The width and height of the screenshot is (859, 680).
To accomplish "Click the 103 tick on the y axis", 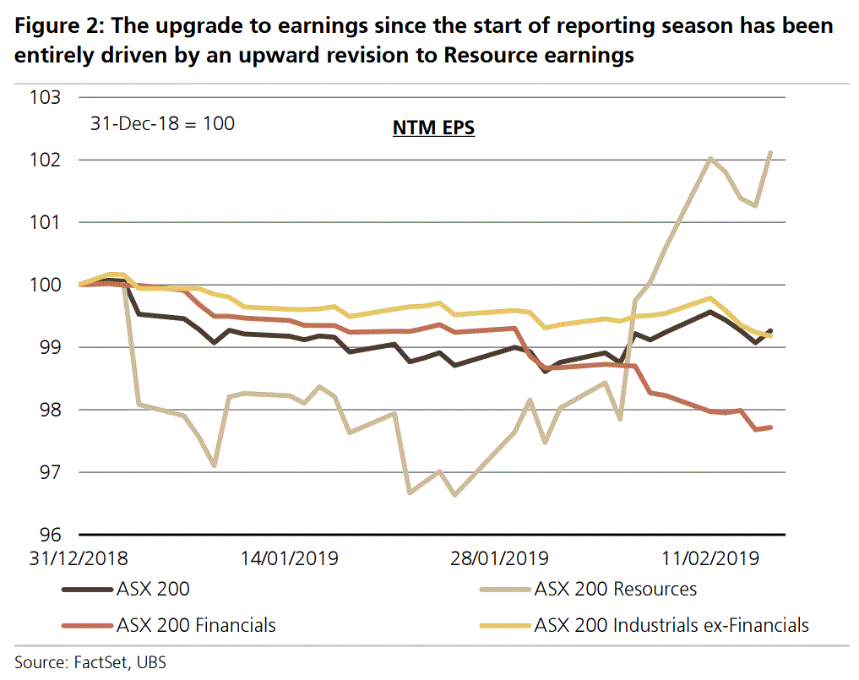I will click(46, 97).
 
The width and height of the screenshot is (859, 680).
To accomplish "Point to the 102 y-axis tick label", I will click(46, 160).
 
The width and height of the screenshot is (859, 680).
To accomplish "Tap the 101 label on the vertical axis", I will click(46, 222).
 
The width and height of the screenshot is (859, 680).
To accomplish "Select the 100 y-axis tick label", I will click(46, 285).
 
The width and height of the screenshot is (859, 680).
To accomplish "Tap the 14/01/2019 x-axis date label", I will click(289, 558).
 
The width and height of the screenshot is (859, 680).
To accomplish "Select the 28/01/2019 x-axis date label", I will click(498, 558).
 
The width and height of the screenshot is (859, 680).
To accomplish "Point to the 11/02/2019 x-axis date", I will click(709, 558).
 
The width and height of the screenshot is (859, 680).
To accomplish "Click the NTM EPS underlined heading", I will click(433, 128).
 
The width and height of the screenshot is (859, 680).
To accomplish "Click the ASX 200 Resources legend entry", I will click(615, 589).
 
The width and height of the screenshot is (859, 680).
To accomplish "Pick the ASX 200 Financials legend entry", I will click(196, 625).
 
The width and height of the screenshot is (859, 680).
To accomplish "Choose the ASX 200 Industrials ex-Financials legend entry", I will click(671, 625).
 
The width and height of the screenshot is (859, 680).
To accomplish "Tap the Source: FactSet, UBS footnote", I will click(90, 661).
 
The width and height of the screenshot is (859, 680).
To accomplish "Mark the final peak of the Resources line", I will click(770, 153).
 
